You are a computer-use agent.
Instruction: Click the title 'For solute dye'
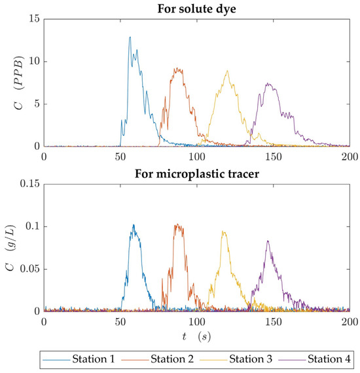[196, 9]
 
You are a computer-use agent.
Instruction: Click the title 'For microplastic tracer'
[196, 173]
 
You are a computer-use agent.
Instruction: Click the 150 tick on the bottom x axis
[273, 322]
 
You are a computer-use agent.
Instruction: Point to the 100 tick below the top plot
[196, 157]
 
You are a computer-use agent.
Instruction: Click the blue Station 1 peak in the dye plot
[130, 37]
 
